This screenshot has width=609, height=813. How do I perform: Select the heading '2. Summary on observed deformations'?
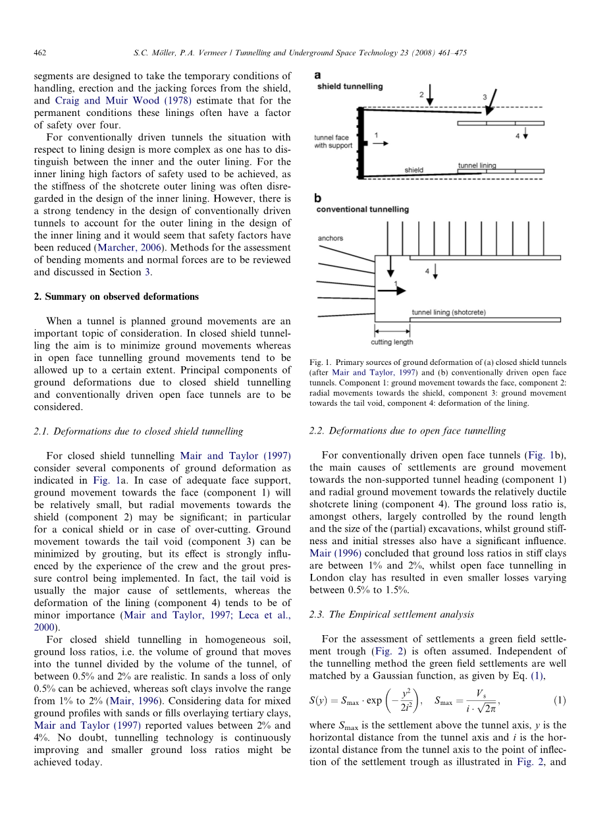click(x=116, y=296)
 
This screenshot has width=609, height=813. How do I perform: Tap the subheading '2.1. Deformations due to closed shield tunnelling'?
click(x=138, y=431)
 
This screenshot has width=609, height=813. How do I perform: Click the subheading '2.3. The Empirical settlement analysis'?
click(x=391, y=615)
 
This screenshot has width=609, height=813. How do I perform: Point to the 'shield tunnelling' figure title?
click(x=350, y=86)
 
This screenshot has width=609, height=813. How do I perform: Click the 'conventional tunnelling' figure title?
click(x=363, y=210)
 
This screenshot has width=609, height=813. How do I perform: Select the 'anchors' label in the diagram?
click(x=331, y=238)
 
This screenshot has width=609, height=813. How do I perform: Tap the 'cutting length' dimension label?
click(x=392, y=342)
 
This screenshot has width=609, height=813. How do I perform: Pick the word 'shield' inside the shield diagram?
click(x=414, y=170)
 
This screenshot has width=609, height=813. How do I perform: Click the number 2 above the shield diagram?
click(x=421, y=95)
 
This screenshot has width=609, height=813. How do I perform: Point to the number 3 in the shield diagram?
click(x=485, y=98)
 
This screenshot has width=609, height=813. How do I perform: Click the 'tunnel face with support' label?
click(x=333, y=142)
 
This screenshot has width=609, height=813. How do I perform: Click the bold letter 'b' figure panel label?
click(x=317, y=197)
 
